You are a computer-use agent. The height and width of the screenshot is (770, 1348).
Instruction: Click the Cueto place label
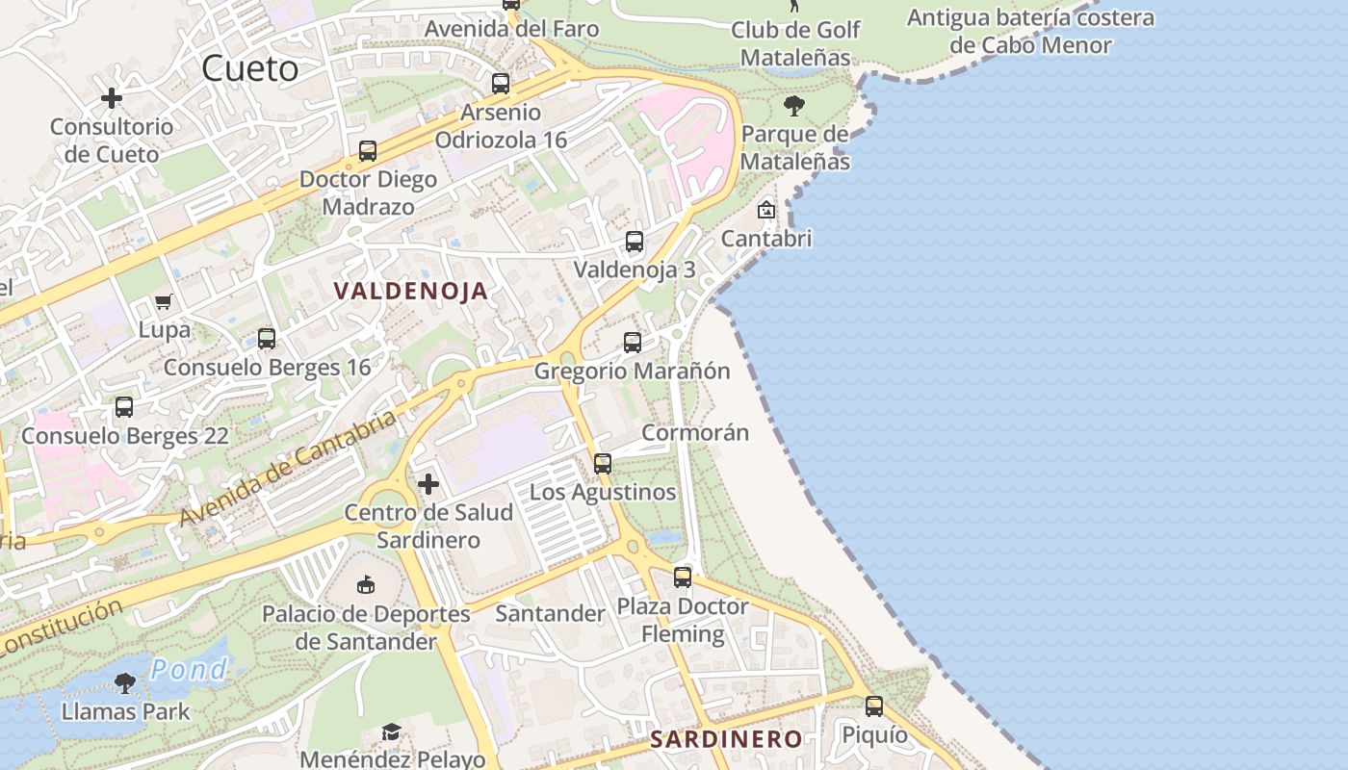[250, 68]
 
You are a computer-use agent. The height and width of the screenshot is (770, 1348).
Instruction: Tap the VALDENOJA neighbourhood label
[411, 291]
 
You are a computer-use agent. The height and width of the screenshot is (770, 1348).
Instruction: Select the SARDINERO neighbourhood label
[725, 739]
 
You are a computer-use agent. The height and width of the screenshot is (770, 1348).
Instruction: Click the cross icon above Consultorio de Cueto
[112, 98]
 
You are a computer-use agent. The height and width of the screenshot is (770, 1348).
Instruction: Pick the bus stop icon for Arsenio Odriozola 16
[500, 84]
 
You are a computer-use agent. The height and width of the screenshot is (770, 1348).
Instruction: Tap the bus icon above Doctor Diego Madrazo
[368, 151]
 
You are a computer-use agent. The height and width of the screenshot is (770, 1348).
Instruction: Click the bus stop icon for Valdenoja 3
[634, 242]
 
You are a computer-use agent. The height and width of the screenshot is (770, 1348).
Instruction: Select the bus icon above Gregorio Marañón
[632, 343]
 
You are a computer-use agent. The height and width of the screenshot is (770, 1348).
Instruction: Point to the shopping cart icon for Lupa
[164, 302]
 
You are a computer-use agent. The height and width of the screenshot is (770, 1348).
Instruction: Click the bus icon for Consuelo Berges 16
[267, 339]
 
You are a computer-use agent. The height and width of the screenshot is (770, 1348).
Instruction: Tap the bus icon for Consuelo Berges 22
[124, 407]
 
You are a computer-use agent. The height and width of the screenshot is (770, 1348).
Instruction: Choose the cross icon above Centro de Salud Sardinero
[428, 484]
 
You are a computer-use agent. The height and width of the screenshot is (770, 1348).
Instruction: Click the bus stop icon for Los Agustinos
[603, 464]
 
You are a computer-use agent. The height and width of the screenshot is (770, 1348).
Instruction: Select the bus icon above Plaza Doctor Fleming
[683, 577]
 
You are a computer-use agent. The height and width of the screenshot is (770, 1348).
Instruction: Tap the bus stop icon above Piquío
[873, 706]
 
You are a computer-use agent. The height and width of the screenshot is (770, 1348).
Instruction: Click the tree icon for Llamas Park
[124, 683]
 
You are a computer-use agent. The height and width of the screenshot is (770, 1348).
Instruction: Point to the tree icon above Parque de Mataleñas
[794, 106]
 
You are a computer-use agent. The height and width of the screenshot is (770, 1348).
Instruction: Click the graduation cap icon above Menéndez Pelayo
[390, 732]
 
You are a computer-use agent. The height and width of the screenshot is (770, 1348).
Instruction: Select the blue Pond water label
[189, 669]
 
